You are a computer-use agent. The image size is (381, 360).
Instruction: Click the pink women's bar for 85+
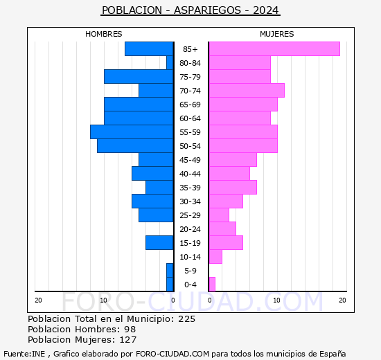tap(274, 48)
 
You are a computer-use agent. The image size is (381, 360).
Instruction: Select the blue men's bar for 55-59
tap(132, 132)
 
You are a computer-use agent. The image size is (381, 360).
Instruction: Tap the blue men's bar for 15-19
tap(159, 242)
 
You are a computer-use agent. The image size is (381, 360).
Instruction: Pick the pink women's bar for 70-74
tap(246, 90)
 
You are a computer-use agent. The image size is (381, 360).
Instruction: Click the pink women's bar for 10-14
tap(215, 256)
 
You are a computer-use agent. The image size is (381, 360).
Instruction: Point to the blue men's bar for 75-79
tap(139, 76)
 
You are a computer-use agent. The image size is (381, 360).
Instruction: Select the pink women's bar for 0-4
tap(211, 284)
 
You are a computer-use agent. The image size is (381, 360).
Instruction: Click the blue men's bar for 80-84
tap(170, 62)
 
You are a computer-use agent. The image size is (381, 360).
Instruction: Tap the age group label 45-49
tap(190, 160)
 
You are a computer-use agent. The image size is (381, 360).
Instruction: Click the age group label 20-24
tap(190, 229)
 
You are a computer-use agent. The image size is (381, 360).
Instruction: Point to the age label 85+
tap(190, 49)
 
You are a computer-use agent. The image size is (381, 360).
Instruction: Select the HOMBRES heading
tap(103, 34)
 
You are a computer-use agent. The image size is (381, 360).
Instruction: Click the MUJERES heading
tap(276, 34)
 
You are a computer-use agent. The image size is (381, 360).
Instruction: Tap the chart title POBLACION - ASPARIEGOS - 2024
tap(190, 10)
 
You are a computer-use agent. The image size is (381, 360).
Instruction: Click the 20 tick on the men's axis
tap(38, 300)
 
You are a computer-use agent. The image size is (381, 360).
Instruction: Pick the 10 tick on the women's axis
tap(276, 300)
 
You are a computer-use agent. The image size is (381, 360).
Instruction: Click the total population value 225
tap(186, 319)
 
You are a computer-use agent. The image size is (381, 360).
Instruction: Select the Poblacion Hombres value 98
tap(130, 330)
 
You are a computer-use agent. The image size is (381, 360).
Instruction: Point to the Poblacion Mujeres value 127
tap(127, 340)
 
